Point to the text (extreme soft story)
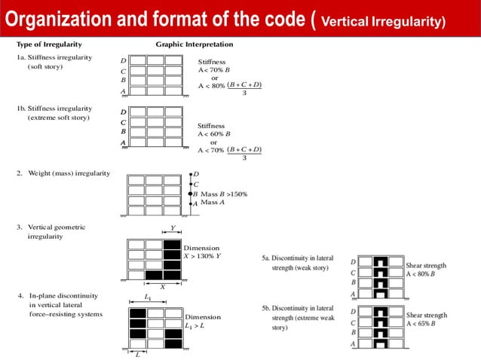coord(57,118)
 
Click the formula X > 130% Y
coord(202,256)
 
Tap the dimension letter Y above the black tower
coord(172,229)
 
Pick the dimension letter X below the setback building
coord(161,286)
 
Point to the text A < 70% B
coord(213,69)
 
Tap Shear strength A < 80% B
coord(426,269)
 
